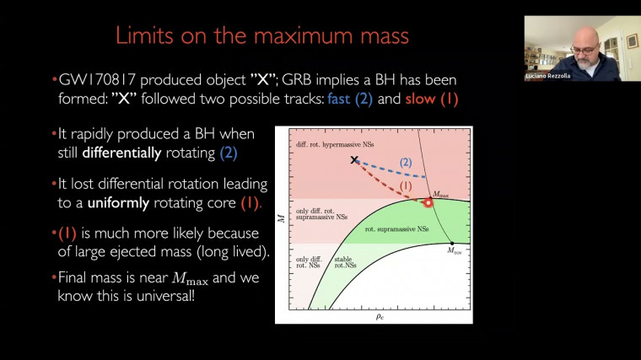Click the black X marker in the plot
click(x=355, y=160)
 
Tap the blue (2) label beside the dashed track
click(x=405, y=161)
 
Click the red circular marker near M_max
click(x=428, y=202)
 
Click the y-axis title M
click(x=281, y=221)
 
